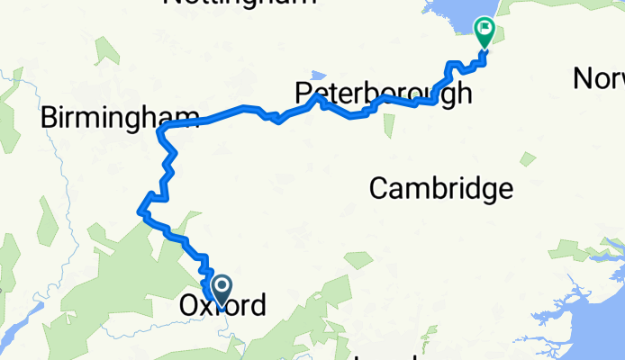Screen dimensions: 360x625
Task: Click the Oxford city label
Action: click(x=222, y=306)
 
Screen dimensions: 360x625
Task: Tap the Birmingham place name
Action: click(x=118, y=117)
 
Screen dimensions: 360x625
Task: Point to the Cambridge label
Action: click(x=441, y=189)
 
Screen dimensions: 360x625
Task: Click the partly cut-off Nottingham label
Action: click(x=240, y=3)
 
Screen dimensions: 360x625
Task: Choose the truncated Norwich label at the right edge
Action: click(x=599, y=79)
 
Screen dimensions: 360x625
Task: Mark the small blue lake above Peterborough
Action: click(x=317, y=75)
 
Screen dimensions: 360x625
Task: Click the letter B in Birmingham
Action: click(x=50, y=117)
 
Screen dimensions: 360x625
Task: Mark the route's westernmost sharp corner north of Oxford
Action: click(x=139, y=212)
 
